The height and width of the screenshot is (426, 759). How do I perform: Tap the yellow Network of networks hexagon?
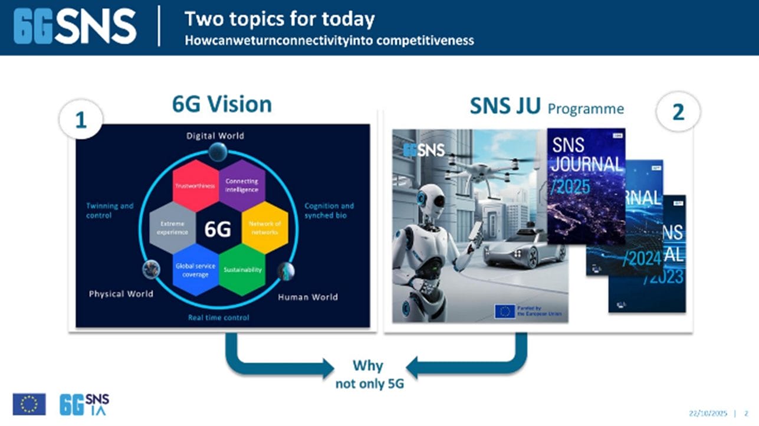click(265, 227)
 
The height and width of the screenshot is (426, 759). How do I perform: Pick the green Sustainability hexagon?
click(242, 269)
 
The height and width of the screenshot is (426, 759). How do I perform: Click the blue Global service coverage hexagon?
click(195, 270)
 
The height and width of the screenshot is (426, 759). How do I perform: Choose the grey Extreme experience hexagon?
click(173, 228)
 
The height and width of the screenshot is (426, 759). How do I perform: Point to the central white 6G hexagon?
click(218, 229)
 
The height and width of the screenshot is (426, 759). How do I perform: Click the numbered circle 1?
click(81, 120)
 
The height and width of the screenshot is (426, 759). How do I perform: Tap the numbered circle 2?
click(678, 112)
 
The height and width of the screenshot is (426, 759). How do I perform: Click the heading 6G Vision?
click(222, 104)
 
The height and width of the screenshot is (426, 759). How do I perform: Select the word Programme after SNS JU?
click(586, 109)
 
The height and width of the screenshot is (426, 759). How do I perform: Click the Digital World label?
click(215, 136)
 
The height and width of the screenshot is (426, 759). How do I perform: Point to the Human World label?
click(308, 297)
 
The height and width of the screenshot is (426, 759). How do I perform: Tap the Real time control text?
click(218, 317)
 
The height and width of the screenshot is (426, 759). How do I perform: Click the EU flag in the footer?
click(28, 404)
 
